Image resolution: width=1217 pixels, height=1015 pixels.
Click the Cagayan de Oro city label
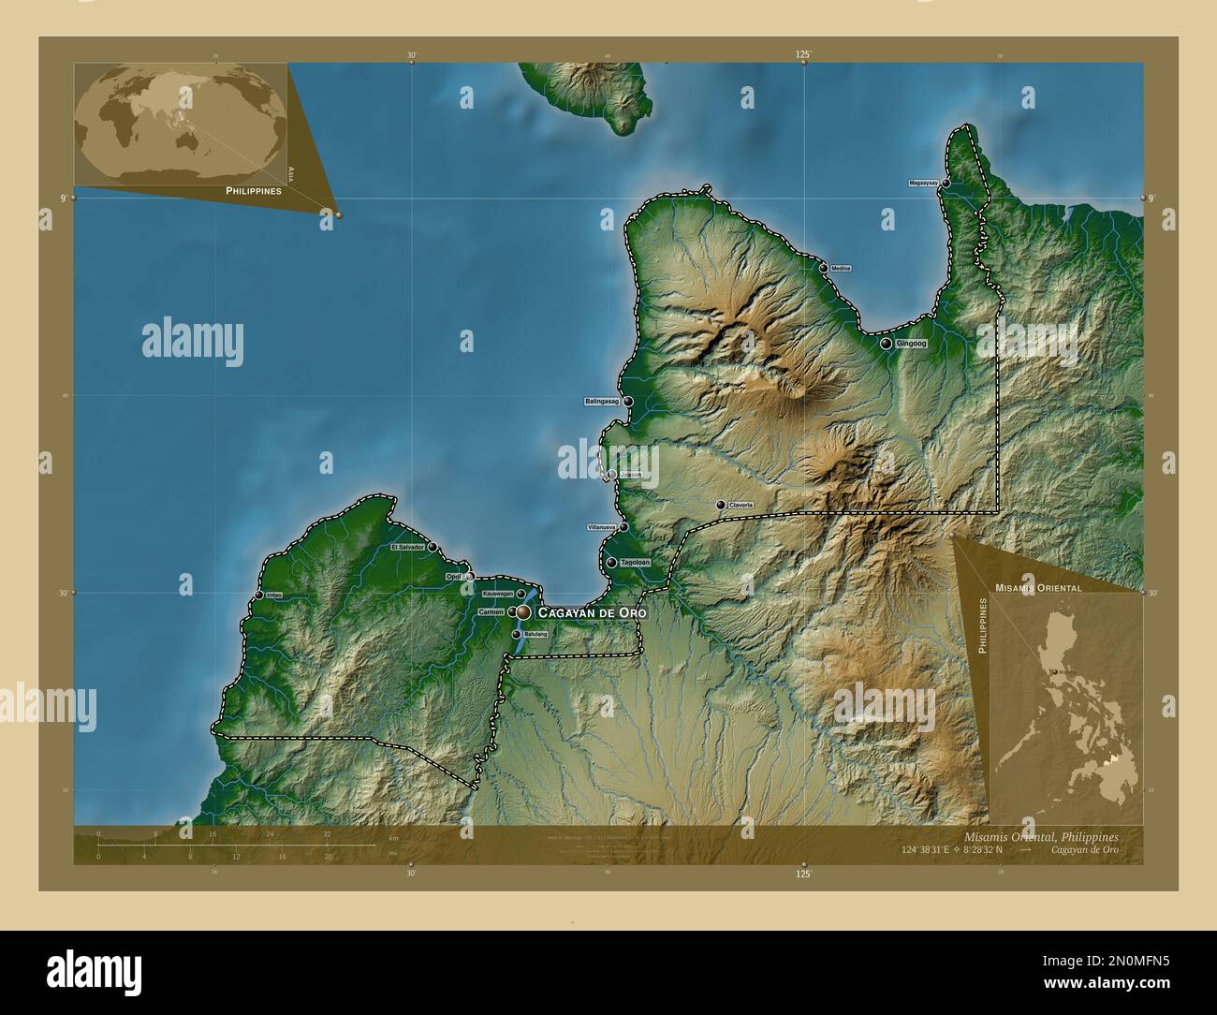coord(592,611)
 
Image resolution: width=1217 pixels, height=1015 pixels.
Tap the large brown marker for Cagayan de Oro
coord(523,612)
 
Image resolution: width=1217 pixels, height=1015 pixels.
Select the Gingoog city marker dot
coord(886,344)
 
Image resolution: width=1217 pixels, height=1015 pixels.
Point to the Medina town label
coord(841,269)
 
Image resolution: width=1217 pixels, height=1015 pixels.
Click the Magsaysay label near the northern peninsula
coord(923,184)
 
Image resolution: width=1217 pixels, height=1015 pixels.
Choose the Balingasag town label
coord(602,402)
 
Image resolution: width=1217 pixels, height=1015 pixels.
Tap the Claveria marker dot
coord(720,505)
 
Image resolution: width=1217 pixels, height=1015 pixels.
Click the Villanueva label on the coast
coord(601,528)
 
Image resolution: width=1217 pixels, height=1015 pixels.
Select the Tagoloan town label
coord(635,563)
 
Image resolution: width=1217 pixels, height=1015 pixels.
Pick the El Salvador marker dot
coord(432,547)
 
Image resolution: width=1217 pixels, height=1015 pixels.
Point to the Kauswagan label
coord(498,594)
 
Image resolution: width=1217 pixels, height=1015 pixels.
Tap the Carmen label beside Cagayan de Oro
coord(491,611)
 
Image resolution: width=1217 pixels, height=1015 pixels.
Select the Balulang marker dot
coord(516,634)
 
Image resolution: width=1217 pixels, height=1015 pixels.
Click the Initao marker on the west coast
coord(259,595)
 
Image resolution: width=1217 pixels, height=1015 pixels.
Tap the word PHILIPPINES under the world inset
coord(254,190)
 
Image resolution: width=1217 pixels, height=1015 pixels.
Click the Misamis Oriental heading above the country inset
coord(1038,588)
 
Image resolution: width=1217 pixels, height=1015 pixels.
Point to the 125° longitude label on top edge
coord(803,55)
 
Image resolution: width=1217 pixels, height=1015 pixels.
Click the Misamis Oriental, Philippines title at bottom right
coord(1040,835)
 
